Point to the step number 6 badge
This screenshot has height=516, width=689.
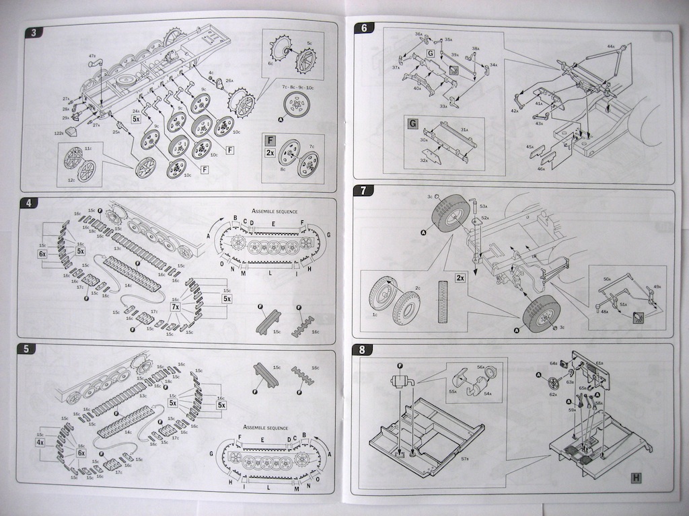[x=365, y=29]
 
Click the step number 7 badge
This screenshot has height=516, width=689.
[x=364, y=189]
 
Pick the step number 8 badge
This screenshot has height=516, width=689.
[x=363, y=349]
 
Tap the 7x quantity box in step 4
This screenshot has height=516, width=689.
[x=176, y=306]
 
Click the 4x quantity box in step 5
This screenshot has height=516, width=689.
[x=40, y=443]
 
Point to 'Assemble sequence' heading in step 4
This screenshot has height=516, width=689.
[x=279, y=210]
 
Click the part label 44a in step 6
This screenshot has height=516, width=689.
[x=611, y=46]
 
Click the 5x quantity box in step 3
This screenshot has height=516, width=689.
[x=136, y=118]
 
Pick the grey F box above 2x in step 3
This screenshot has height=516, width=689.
[x=270, y=140]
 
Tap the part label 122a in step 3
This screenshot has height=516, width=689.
[x=59, y=133]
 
